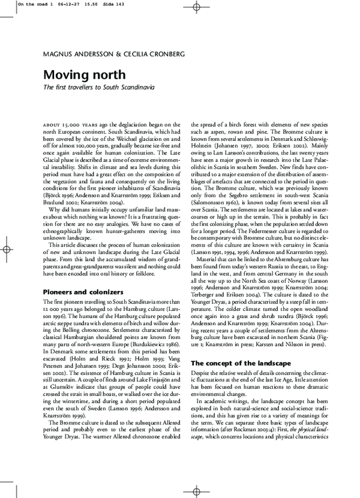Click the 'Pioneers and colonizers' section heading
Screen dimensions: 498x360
point(83,292)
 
